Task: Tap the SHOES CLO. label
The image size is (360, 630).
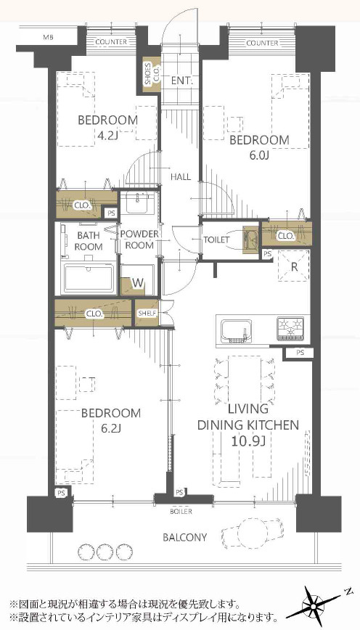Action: (152, 74)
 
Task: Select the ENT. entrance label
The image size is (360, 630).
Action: (182, 81)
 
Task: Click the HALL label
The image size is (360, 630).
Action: (181, 176)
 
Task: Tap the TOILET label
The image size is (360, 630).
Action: (216, 240)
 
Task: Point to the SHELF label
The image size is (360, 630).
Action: (147, 313)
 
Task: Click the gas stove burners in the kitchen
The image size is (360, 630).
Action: (290, 327)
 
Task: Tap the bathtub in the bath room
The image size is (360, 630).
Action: (89, 278)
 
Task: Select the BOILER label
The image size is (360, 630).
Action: (181, 512)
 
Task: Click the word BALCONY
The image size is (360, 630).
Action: (185, 537)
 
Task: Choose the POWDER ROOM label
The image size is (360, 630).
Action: (139, 240)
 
